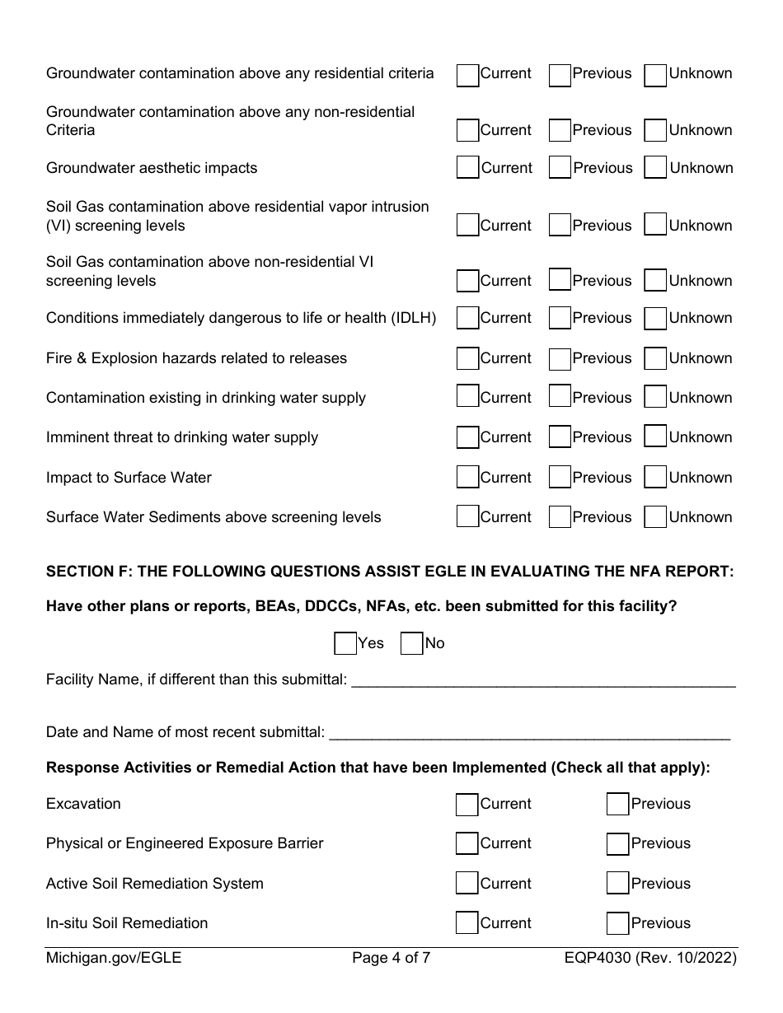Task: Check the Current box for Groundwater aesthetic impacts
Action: point(468,168)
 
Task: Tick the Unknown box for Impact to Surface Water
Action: point(655,478)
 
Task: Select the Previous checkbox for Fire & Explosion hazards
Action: point(560,358)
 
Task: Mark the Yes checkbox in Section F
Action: point(345,643)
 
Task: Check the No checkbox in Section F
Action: point(411,643)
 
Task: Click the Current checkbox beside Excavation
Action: point(467,804)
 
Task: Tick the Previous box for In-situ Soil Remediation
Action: point(617,923)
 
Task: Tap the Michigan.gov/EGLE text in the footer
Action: point(114,958)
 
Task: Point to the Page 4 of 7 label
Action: point(391,958)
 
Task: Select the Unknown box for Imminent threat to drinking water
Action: point(655,437)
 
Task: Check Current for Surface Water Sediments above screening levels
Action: point(467,517)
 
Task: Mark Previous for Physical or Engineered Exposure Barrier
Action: point(617,843)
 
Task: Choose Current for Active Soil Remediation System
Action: point(467,884)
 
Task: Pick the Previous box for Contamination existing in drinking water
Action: point(560,398)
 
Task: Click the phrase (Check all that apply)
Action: point(630,768)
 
